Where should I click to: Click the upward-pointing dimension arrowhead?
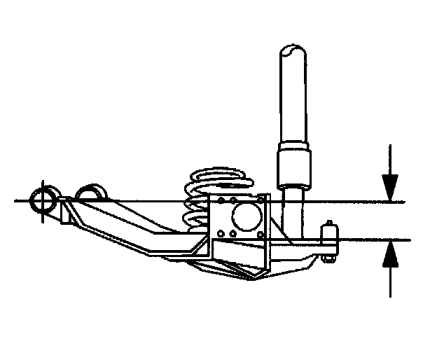390,255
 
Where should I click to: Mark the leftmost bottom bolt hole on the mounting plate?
221,233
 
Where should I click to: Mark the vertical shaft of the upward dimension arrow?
390,280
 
